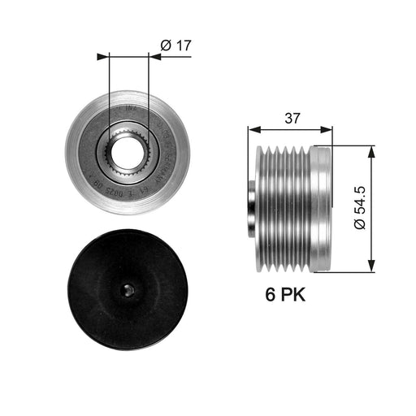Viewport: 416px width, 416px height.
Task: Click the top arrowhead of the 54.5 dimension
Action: (370, 152)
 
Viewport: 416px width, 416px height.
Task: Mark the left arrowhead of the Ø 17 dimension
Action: (102, 57)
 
